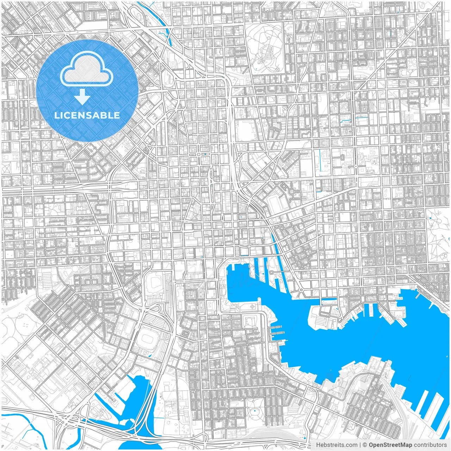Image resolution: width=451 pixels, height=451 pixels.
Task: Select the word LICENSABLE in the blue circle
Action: pos(87,115)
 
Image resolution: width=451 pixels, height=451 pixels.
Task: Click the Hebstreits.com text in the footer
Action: pos(336,445)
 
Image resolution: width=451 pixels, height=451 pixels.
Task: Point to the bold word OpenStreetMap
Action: pos(390,445)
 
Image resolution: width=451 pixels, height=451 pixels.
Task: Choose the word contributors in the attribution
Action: pos(430,445)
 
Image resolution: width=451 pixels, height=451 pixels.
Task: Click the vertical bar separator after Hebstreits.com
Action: pos(360,445)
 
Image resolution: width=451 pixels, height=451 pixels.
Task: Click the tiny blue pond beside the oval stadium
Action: pos(150,355)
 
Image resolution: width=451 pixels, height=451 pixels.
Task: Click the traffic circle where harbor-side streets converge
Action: pos(301,290)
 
